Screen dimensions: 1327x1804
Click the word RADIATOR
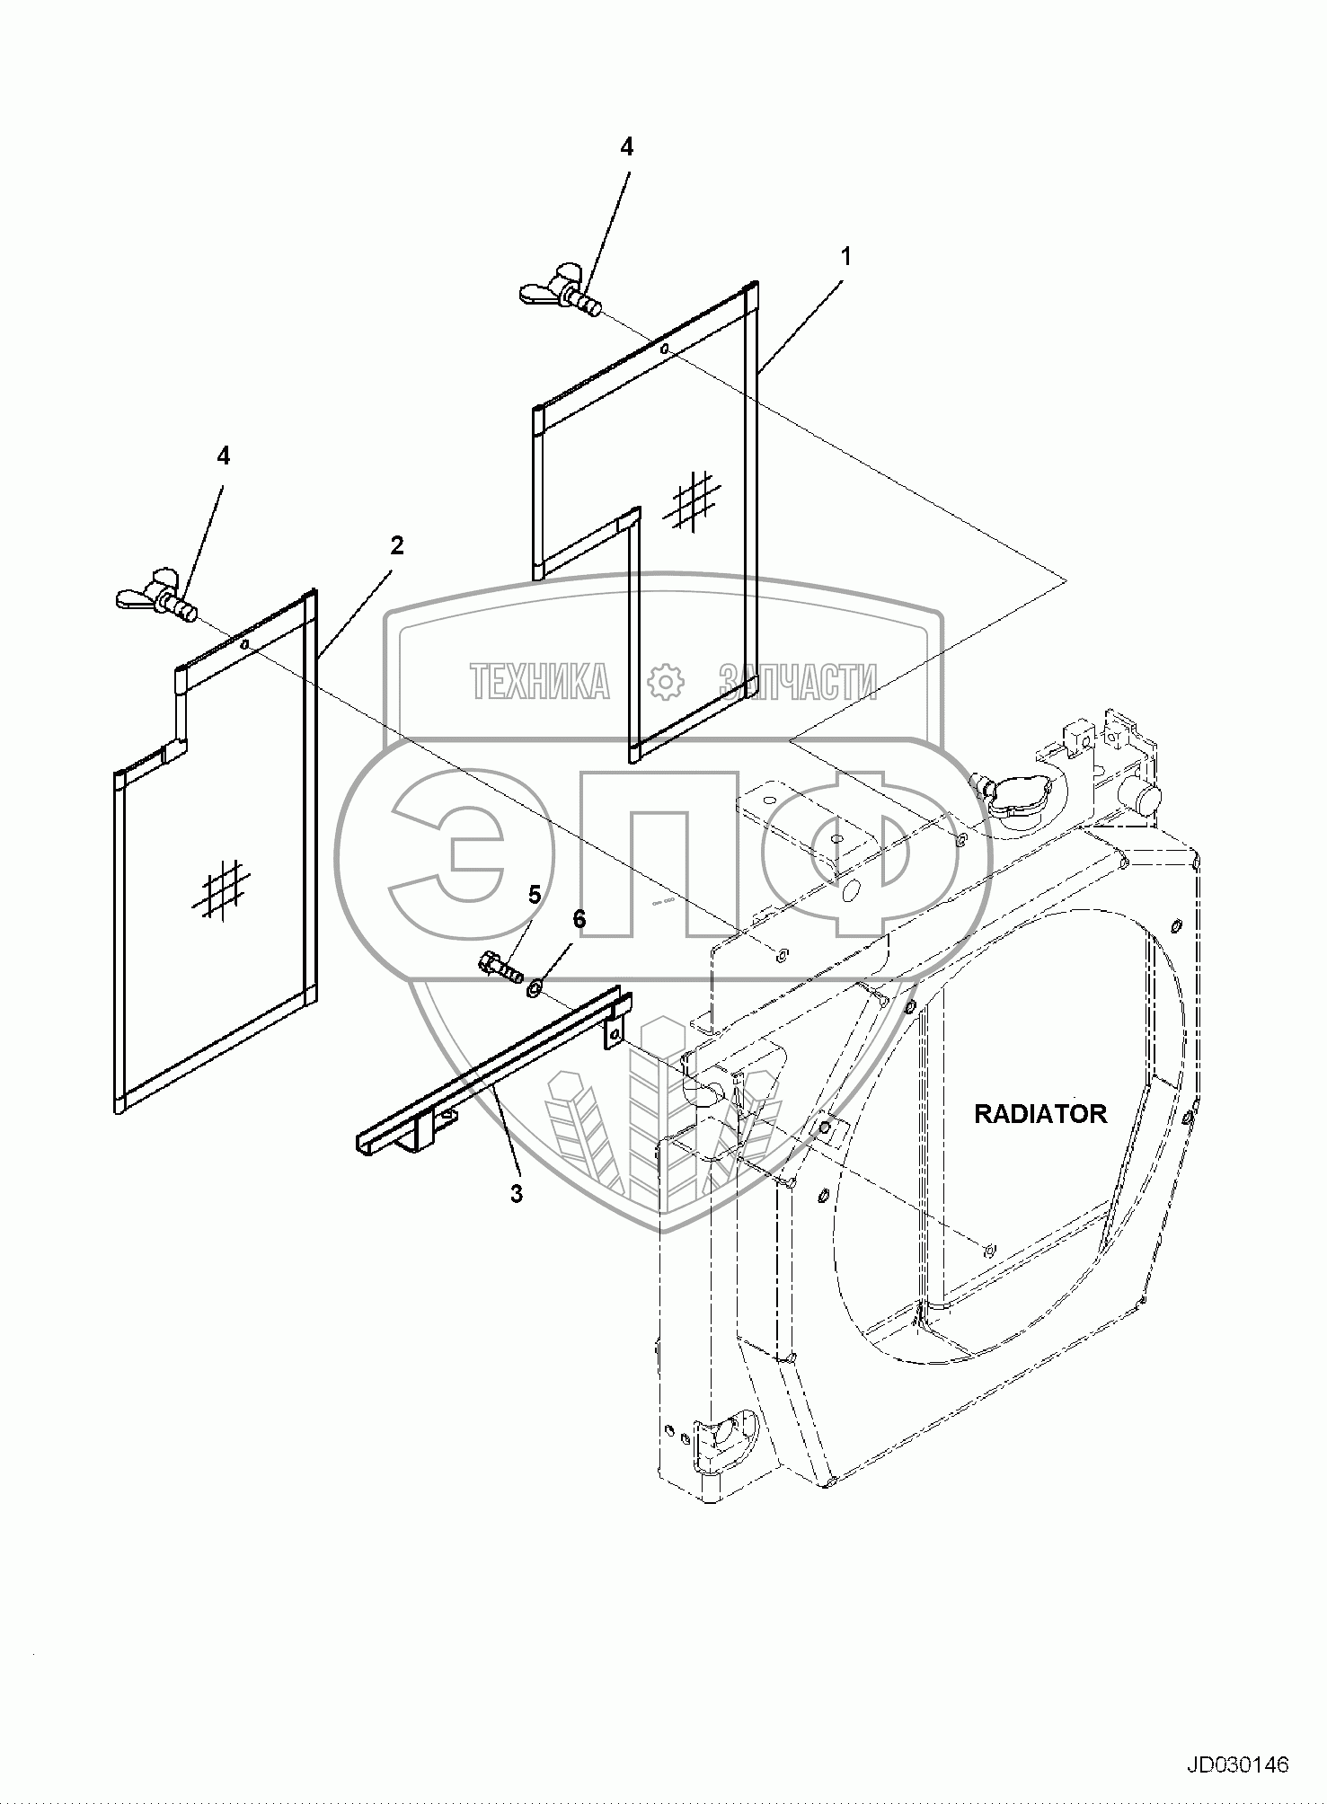pyautogui.click(x=1040, y=1114)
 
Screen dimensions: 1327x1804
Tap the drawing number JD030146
pyautogui.click(x=1238, y=1764)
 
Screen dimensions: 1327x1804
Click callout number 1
pyautogui.click(x=845, y=256)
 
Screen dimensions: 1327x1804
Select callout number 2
pyautogui.click(x=396, y=545)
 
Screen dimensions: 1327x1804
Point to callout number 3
pyautogui.click(x=516, y=1194)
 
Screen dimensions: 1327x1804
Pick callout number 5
pyautogui.click(x=535, y=894)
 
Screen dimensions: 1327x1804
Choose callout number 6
pyautogui.click(x=579, y=919)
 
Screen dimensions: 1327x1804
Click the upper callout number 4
pyautogui.click(x=626, y=147)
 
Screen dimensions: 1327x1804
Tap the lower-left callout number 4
pyautogui.click(x=223, y=456)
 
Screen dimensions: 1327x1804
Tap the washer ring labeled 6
pyautogui.click(x=534, y=989)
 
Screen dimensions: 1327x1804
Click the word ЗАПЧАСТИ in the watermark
pyautogui.click(x=798, y=682)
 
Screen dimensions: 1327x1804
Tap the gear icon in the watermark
pyautogui.click(x=666, y=682)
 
